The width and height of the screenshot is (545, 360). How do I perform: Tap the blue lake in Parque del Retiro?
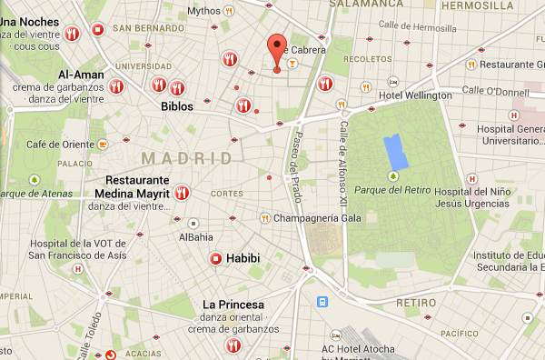(x=395, y=150)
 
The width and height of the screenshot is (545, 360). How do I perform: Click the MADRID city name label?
(x=193, y=158)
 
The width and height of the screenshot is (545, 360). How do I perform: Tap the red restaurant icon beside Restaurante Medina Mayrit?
(x=182, y=193)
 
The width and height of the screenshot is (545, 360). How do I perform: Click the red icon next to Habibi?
(x=216, y=259)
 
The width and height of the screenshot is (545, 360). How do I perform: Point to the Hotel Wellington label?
(x=415, y=95)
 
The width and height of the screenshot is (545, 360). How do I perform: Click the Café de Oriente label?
(x=59, y=144)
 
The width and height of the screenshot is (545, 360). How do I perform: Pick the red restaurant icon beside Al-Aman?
(x=115, y=86)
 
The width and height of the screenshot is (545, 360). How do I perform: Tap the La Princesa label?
(x=233, y=304)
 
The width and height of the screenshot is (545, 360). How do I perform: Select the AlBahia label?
(x=195, y=237)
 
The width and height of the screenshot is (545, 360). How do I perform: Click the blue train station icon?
(x=322, y=302)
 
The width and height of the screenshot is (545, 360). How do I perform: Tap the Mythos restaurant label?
(x=203, y=11)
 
